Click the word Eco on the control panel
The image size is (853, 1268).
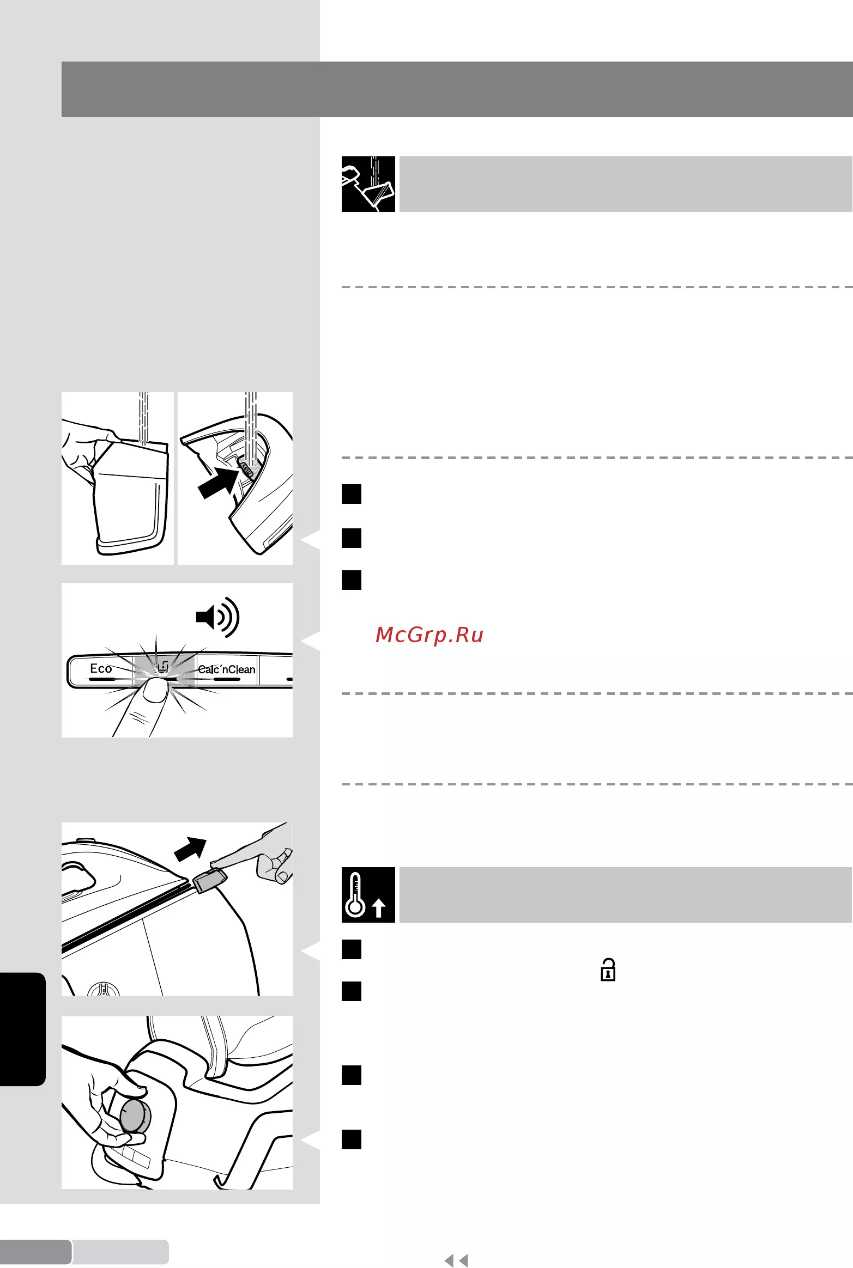[x=101, y=668]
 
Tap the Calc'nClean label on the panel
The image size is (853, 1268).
[x=226, y=669]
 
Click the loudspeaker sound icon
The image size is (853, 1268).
[x=217, y=617]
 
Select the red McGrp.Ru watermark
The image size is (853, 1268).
[x=429, y=635]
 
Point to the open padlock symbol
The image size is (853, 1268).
[x=608, y=970]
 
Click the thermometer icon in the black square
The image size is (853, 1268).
[x=355, y=894]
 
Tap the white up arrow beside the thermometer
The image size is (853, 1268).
[x=379, y=907]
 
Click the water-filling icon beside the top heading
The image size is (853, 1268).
[x=368, y=184]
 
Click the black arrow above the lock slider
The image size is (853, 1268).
[x=190, y=849]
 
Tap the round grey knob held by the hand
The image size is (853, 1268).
[x=134, y=1115]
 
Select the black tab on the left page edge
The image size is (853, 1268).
[x=22, y=1029]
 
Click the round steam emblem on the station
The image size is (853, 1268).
[x=104, y=989]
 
